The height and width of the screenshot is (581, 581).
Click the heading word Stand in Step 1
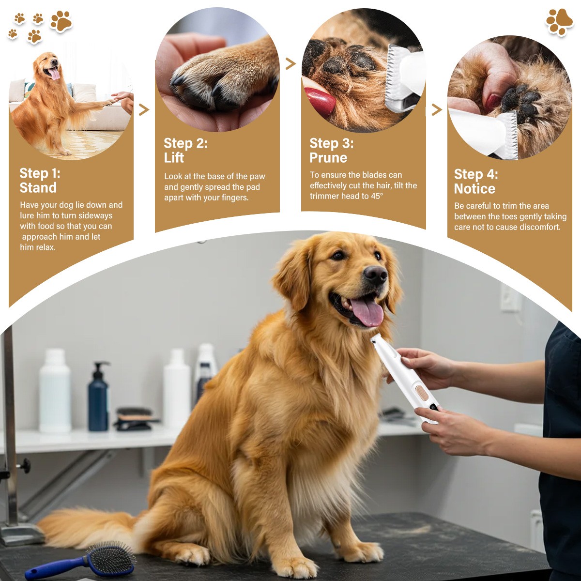point(38,188)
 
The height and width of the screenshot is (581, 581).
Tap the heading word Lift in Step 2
point(174,158)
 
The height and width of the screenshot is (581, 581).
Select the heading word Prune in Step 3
point(328,158)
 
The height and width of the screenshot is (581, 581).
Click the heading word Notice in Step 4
point(474,189)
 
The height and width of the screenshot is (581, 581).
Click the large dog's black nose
point(375,275)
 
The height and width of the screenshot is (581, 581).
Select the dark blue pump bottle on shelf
point(99,399)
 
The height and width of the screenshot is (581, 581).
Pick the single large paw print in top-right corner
point(559,21)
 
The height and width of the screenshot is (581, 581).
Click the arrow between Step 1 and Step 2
point(143,110)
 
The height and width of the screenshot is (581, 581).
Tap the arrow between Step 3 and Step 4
point(436,110)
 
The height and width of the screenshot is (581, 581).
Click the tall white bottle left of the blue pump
point(55,392)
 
